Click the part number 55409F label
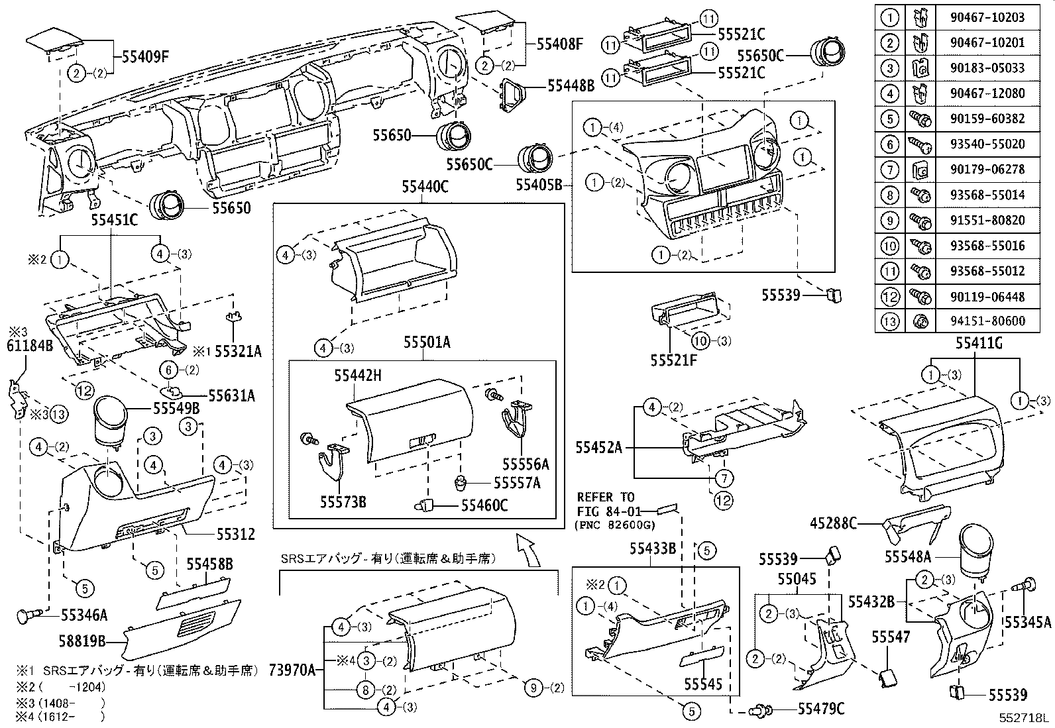click(x=145, y=56)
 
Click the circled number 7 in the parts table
click(x=889, y=170)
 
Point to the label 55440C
click(x=425, y=187)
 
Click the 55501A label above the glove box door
click(x=427, y=342)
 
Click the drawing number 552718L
click(x=1025, y=718)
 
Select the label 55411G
click(x=977, y=343)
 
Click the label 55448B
click(x=571, y=86)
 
